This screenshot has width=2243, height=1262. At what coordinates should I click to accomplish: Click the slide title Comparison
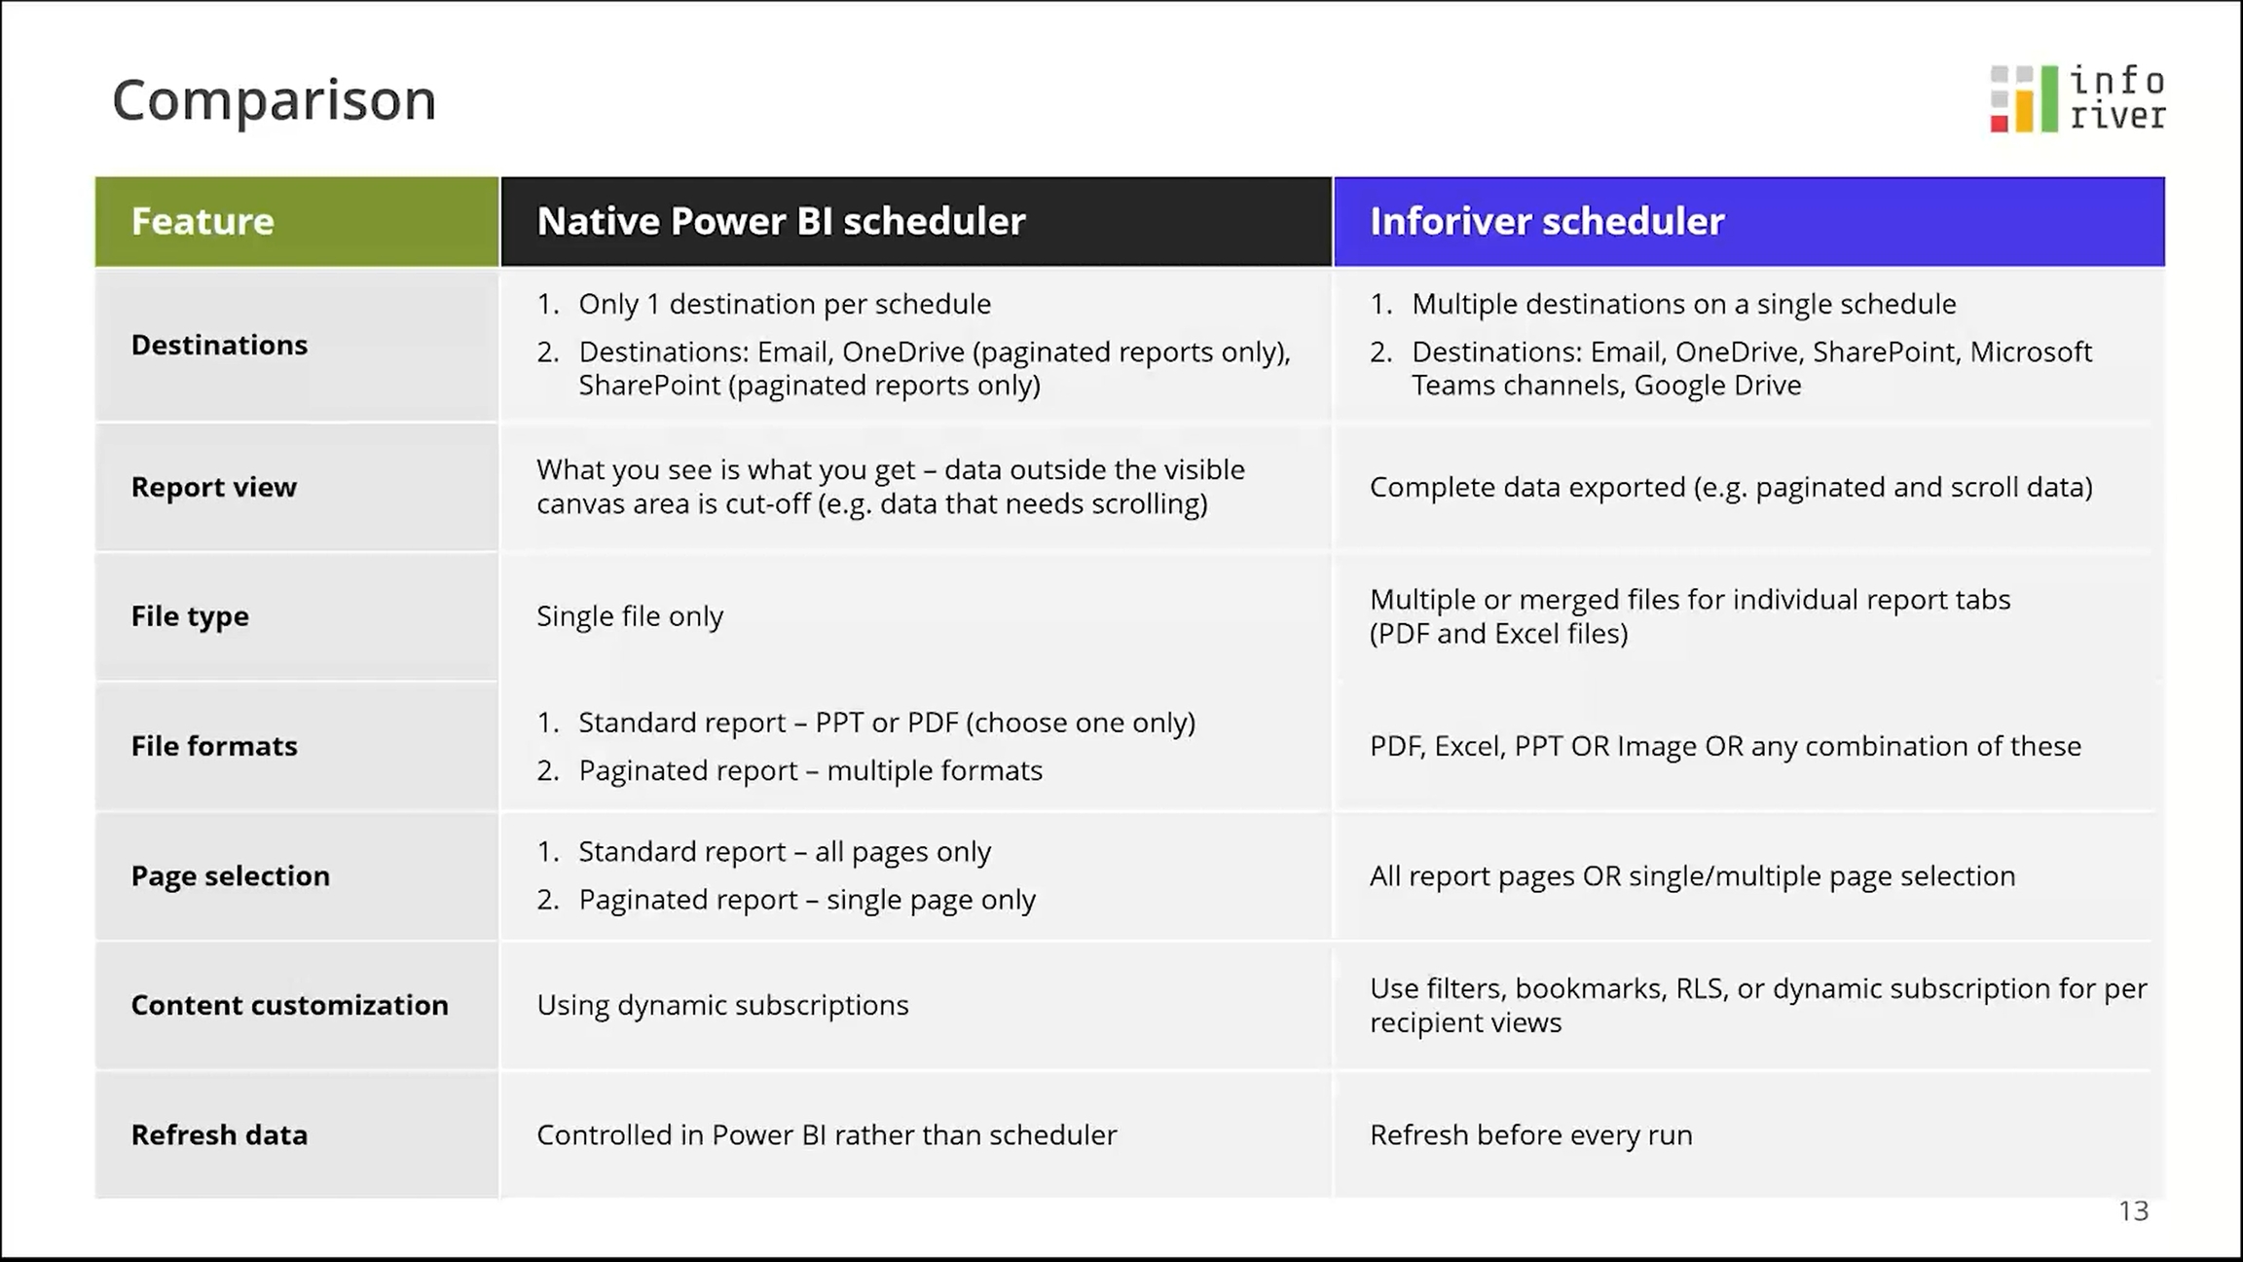(x=275, y=100)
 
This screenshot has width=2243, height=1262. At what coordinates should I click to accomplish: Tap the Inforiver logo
(x=2078, y=98)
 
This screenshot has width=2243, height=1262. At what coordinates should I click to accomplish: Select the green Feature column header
(x=297, y=221)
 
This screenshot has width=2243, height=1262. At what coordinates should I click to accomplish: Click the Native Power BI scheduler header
(x=916, y=221)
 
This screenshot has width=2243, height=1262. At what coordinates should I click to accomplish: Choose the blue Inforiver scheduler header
(x=1749, y=221)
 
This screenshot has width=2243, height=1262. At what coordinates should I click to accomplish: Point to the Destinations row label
(x=219, y=345)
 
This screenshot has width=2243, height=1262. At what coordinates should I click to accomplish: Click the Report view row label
(x=214, y=487)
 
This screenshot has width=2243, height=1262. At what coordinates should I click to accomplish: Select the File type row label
(x=190, y=616)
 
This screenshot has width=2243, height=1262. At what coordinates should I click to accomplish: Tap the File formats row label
(x=214, y=746)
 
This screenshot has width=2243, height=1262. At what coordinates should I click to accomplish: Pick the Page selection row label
(x=231, y=875)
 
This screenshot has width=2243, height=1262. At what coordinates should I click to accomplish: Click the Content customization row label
(x=290, y=1005)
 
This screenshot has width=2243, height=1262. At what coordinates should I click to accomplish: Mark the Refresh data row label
(x=219, y=1134)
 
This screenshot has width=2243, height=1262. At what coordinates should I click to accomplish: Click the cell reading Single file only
(x=630, y=616)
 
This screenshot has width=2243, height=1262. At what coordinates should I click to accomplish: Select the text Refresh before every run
(x=1531, y=1135)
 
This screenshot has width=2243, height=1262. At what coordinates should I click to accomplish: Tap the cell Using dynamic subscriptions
(x=722, y=1005)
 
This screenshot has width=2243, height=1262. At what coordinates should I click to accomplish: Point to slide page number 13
(x=2134, y=1210)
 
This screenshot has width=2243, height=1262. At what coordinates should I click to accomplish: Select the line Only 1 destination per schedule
(x=785, y=304)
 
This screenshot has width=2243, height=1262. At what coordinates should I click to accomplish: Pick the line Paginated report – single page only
(x=807, y=900)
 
